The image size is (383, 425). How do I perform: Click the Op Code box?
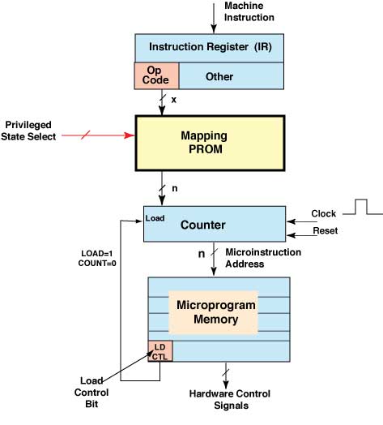point(156,75)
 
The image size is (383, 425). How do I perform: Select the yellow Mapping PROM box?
point(210,143)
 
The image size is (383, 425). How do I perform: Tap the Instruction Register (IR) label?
point(211,47)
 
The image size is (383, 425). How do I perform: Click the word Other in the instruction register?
point(219,77)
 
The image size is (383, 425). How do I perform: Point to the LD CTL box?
point(160,351)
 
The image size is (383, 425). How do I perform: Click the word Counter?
point(203,225)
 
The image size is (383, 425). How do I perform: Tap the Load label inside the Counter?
point(155,218)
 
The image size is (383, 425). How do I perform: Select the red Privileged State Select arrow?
point(98,135)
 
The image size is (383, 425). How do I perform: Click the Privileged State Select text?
point(28,131)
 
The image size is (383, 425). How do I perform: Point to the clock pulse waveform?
point(363,208)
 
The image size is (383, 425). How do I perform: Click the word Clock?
point(323,213)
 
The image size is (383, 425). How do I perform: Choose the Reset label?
point(326,230)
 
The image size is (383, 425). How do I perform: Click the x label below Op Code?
point(174,100)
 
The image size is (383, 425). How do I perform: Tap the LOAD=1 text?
point(97,254)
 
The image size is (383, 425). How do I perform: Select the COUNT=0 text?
point(97,263)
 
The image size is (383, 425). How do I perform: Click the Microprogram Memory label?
point(216,312)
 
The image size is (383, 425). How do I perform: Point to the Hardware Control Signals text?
point(230,400)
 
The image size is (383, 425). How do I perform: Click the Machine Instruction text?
point(249,11)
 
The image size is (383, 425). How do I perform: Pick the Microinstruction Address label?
point(263,258)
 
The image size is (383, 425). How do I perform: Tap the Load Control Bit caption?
point(91,393)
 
